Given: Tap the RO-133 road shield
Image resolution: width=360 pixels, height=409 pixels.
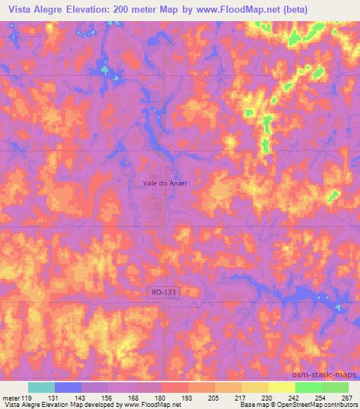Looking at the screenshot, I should (x=164, y=291).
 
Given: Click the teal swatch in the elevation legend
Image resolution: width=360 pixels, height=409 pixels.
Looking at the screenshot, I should (x=41, y=387).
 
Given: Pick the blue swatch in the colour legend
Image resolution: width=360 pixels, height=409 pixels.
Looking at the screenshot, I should (x=68, y=387).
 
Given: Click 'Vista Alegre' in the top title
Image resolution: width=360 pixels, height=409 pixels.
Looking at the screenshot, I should (x=38, y=10).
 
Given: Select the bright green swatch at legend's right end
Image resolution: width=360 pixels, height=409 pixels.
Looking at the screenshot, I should (x=335, y=387).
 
